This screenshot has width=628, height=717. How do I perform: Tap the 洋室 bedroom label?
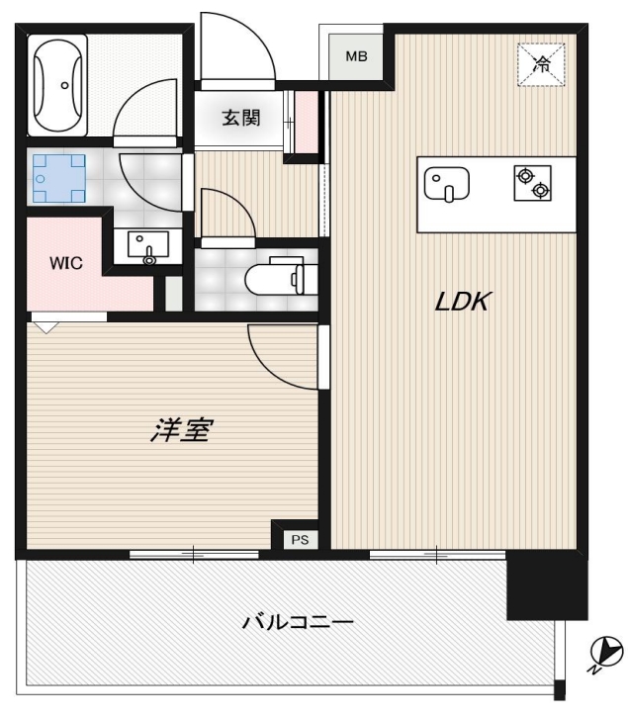point(182,430)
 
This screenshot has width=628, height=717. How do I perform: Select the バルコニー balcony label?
point(298,623)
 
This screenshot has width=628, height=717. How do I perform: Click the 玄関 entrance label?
point(239,118)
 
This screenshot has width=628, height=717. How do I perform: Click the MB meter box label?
point(356,56)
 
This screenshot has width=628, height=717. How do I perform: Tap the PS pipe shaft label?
point(298,540)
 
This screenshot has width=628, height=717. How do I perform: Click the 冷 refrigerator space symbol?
point(542,65)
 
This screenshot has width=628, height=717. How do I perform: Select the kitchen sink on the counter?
point(446,184)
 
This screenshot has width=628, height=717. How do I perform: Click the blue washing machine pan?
point(57,179)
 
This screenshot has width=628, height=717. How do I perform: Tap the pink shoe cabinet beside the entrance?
point(308,122)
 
